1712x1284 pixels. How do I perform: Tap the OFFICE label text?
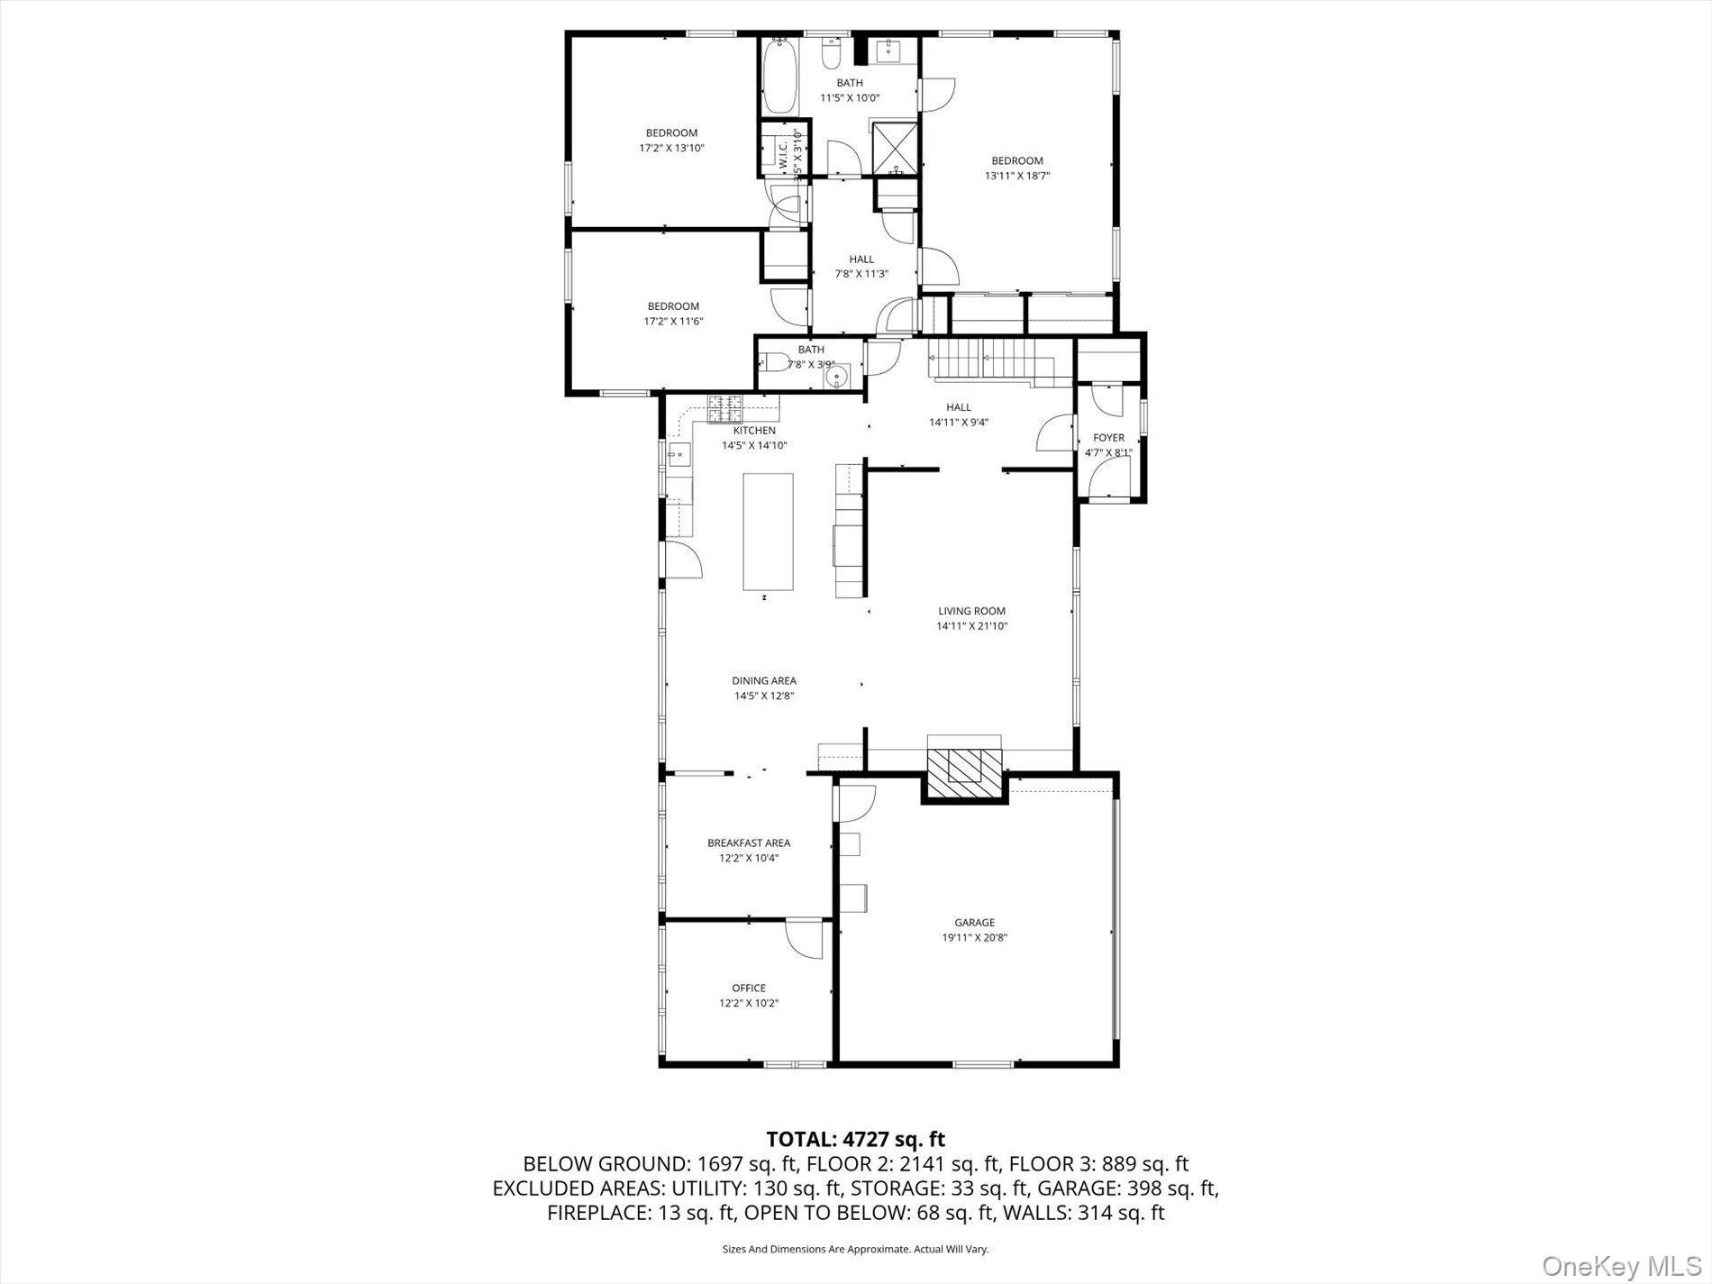point(748,988)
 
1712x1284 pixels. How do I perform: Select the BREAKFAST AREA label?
point(749,842)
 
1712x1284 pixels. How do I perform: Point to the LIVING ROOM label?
point(971,611)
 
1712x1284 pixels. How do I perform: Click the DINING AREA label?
point(764,680)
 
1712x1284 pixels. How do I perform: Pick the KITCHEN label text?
point(754,431)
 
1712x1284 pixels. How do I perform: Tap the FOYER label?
point(1108,438)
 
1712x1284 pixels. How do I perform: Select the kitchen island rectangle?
point(768,532)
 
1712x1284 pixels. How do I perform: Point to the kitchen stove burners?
point(724,409)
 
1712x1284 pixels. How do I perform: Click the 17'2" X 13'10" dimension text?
point(671,148)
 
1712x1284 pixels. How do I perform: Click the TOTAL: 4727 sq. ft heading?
point(855,1140)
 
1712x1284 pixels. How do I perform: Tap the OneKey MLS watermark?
point(1621,1266)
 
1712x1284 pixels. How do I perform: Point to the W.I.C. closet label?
point(782,156)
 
